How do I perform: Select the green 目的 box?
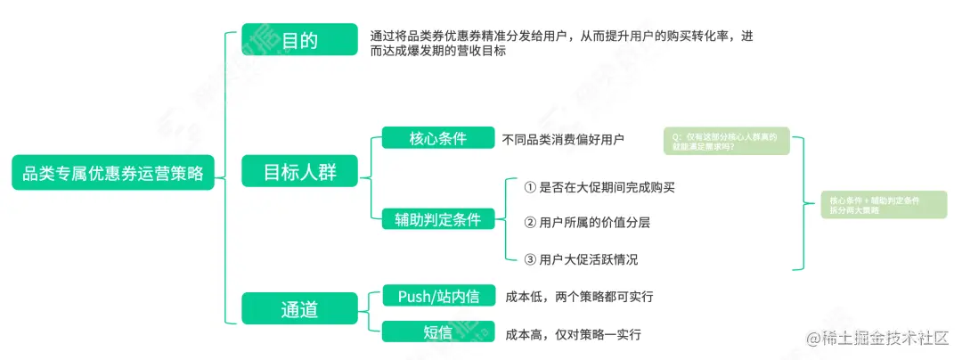[x=299, y=41]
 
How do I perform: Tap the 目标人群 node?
[x=299, y=173]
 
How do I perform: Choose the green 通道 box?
[x=299, y=309]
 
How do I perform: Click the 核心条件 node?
[x=437, y=139]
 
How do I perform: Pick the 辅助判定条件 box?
[x=437, y=219]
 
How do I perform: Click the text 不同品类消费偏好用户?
[x=563, y=139]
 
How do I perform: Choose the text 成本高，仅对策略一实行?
[x=573, y=334]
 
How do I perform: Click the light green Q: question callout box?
[x=726, y=141]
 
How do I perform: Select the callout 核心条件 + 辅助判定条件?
[x=883, y=205]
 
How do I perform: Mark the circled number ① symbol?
[x=529, y=187]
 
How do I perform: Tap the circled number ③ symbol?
[x=529, y=259]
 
